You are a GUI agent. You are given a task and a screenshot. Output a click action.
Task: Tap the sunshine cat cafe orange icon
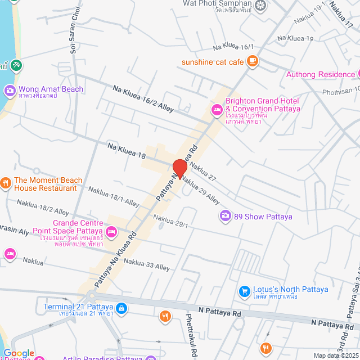click(x=253, y=61)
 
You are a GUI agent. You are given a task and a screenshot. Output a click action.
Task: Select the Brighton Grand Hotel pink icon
click(x=216, y=109)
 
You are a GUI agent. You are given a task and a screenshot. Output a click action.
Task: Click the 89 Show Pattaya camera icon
click(x=225, y=216)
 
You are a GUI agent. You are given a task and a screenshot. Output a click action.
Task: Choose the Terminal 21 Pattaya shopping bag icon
click(x=121, y=308)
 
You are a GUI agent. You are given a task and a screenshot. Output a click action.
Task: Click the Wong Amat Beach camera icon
click(x=10, y=90)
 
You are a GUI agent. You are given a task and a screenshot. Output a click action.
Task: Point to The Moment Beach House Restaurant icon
click(x=6, y=182)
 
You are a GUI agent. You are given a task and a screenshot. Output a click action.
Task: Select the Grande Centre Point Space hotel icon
click(x=111, y=231)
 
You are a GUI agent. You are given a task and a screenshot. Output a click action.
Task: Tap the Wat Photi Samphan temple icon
click(x=260, y=6)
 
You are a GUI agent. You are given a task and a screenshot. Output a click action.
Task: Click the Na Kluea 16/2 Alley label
click(x=143, y=98)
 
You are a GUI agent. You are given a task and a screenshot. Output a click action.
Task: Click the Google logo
click(x=19, y=353)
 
